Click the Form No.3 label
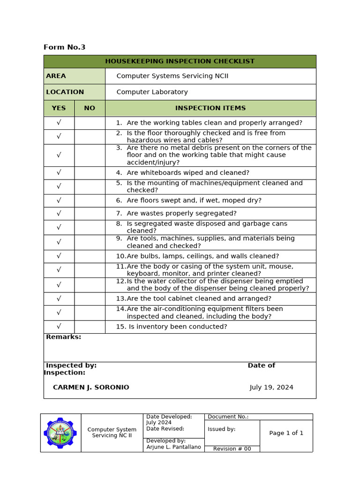[x=64, y=47]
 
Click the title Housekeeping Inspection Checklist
[x=180, y=61]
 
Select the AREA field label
[x=56, y=76]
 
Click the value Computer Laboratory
[x=152, y=92]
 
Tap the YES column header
[x=59, y=108]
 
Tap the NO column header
[x=90, y=108]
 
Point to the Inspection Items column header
[x=210, y=108]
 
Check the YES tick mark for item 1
[x=59, y=123]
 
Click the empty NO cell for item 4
[x=90, y=173]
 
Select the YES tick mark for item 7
[x=59, y=214]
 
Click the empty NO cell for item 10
[x=90, y=256]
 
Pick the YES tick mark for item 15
[x=59, y=327]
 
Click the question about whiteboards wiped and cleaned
[x=187, y=173]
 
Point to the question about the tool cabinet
[x=198, y=299]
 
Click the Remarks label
[x=63, y=337]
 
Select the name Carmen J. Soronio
[x=91, y=388]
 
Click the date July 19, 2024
[x=271, y=388]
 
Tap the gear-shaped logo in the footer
[x=60, y=433]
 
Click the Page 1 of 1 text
[x=286, y=433]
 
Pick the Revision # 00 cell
[x=232, y=449]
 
